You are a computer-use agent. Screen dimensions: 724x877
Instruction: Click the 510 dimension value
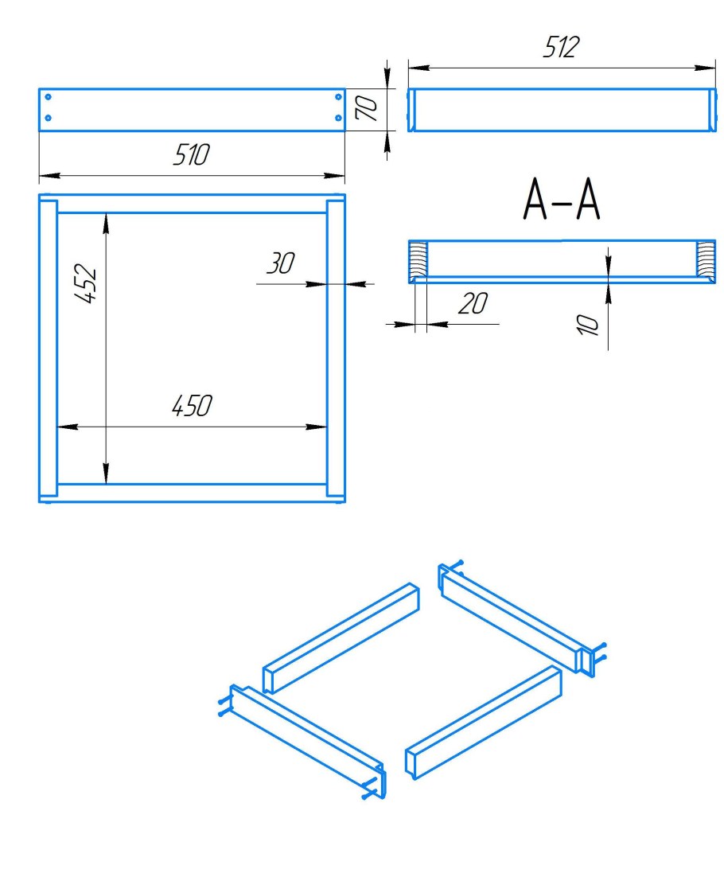click(x=191, y=154)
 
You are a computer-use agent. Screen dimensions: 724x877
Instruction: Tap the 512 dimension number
click(x=561, y=47)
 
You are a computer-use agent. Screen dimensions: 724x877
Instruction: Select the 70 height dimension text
click(x=367, y=108)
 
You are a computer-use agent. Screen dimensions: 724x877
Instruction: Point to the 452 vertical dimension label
click(x=86, y=283)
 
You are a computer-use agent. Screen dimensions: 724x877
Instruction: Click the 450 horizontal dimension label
click(x=192, y=406)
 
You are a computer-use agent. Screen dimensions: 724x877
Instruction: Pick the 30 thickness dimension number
click(x=281, y=263)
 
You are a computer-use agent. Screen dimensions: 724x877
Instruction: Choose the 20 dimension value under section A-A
click(x=473, y=303)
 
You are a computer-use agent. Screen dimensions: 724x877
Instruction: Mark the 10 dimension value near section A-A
click(x=587, y=325)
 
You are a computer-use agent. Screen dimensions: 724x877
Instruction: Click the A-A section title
click(x=562, y=200)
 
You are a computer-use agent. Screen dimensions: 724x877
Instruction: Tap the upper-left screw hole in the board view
click(x=48, y=97)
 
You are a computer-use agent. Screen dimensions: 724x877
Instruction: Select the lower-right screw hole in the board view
click(x=338, y=118)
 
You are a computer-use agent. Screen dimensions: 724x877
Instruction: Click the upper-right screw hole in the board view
click(x=338, y=97)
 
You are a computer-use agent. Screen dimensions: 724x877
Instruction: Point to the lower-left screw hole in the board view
click(x=48, y=118)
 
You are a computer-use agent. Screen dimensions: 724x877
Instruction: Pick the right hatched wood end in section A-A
click(x=706, y=259)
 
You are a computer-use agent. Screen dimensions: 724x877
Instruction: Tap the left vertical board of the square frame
click(x=48, y=349)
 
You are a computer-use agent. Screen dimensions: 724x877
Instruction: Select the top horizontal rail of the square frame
click(x=192, y=205)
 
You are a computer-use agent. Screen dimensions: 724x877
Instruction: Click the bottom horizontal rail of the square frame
click(x=192, y=493)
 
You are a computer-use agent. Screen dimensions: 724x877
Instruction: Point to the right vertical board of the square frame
click(x=336, y=349)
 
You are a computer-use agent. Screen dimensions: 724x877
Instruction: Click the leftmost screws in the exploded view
click(x=224, y=706)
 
